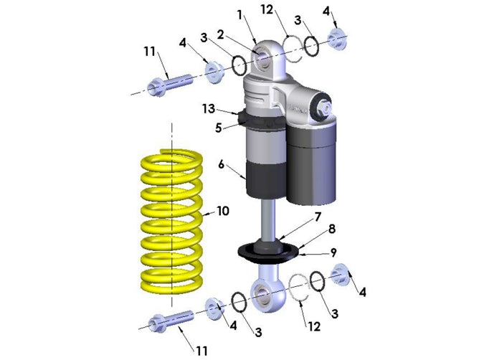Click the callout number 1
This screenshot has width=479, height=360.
[x=240, y=14]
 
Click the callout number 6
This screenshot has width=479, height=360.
[x=222, y=164]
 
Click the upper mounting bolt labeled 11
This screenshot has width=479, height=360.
[x=169, y=83]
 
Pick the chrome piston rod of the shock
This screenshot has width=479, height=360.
[x=267, y=219]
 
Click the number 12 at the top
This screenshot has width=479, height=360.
[x=267, y=9]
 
